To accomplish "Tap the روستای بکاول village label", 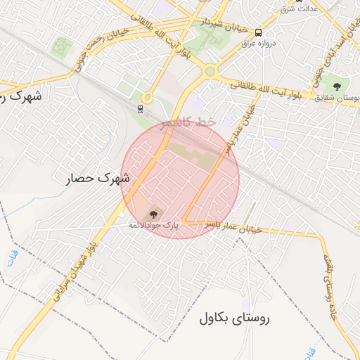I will [234, 319].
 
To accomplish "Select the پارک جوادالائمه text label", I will [153, 226].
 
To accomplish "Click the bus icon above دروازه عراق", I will [259, 32].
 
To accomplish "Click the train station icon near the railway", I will [141, 108].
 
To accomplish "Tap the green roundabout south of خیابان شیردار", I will [210, 71].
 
